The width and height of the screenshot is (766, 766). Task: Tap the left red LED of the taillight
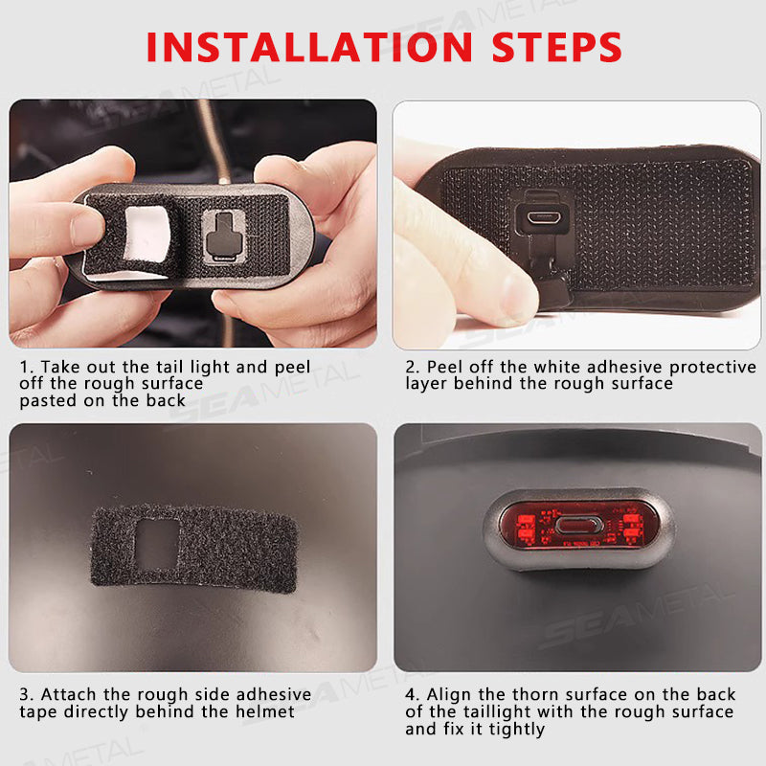[x=526, y=525]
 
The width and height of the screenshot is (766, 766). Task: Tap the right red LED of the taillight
[x=632, y=525]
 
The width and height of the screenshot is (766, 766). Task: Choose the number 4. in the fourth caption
[x=413, y=694]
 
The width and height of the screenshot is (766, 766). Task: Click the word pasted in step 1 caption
[x=47, y=400]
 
